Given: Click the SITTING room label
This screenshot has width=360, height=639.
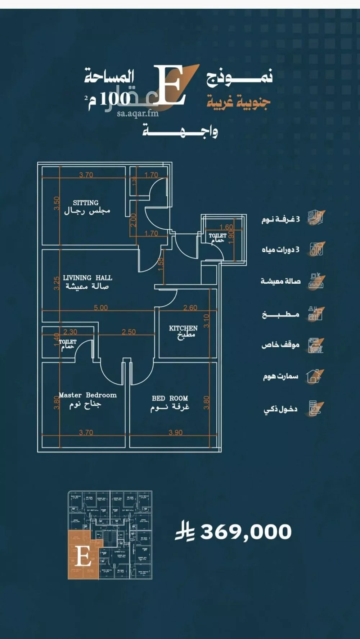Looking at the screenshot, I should tap(86, 203).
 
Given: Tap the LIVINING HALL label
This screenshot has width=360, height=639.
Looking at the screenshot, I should tap(87, 278).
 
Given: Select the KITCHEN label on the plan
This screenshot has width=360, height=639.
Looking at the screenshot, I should tap(183, 328).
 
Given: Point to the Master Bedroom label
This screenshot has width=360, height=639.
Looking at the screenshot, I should tap(87, 395).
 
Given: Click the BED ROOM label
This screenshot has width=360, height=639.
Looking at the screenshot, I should tap(170, 398).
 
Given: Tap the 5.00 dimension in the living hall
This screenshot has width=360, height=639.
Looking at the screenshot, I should tap(101, 308).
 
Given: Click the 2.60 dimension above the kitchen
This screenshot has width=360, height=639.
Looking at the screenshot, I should tap(190, 308).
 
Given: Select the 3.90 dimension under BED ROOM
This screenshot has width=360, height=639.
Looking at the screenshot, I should tap(175, 432).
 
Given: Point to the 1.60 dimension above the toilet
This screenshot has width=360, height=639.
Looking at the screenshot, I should tap(226, 227).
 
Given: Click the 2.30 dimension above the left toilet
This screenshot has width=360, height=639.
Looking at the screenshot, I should tap(70, 332).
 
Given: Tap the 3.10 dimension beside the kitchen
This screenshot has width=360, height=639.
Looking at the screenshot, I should tap(206, 320).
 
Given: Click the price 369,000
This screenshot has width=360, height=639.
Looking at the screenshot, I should tap(246, 532).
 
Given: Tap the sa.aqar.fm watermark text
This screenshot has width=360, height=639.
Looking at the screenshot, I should tap(138, 113).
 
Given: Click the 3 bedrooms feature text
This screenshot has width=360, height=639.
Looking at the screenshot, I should tap(280, 219).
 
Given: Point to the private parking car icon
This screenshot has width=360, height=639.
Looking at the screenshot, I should tap(315, 345).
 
